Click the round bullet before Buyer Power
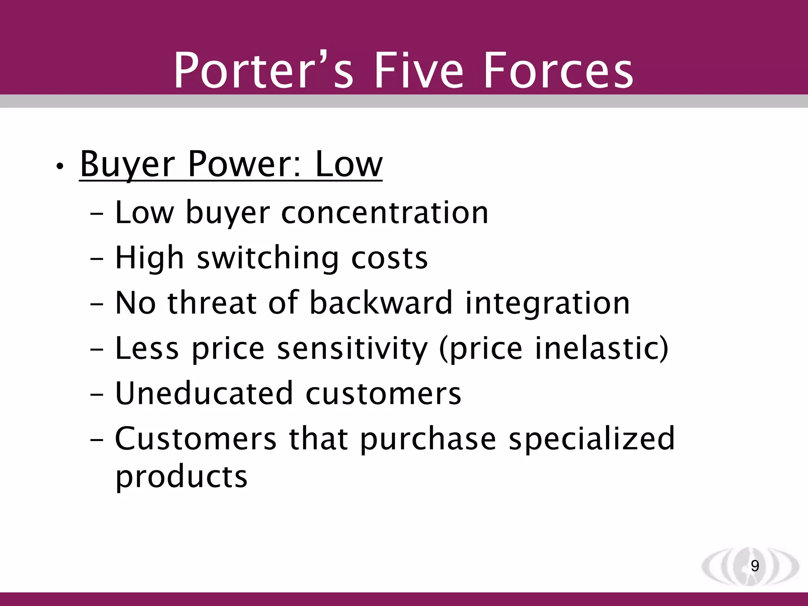[x=60, y=167]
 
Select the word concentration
[x=385, y=213]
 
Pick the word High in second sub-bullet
[x=150, y=258]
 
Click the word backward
[x=381, y=303]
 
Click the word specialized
[x=592, y=439]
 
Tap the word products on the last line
[x=181, y=477]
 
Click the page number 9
[x=755, y=566]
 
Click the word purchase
[x=428, y=439]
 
